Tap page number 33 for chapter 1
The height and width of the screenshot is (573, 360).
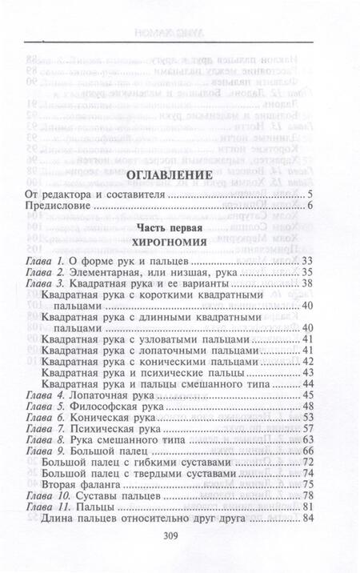305,261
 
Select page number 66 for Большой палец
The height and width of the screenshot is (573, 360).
305,452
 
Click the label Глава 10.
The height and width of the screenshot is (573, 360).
48,497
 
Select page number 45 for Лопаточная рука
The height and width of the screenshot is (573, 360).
305,395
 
